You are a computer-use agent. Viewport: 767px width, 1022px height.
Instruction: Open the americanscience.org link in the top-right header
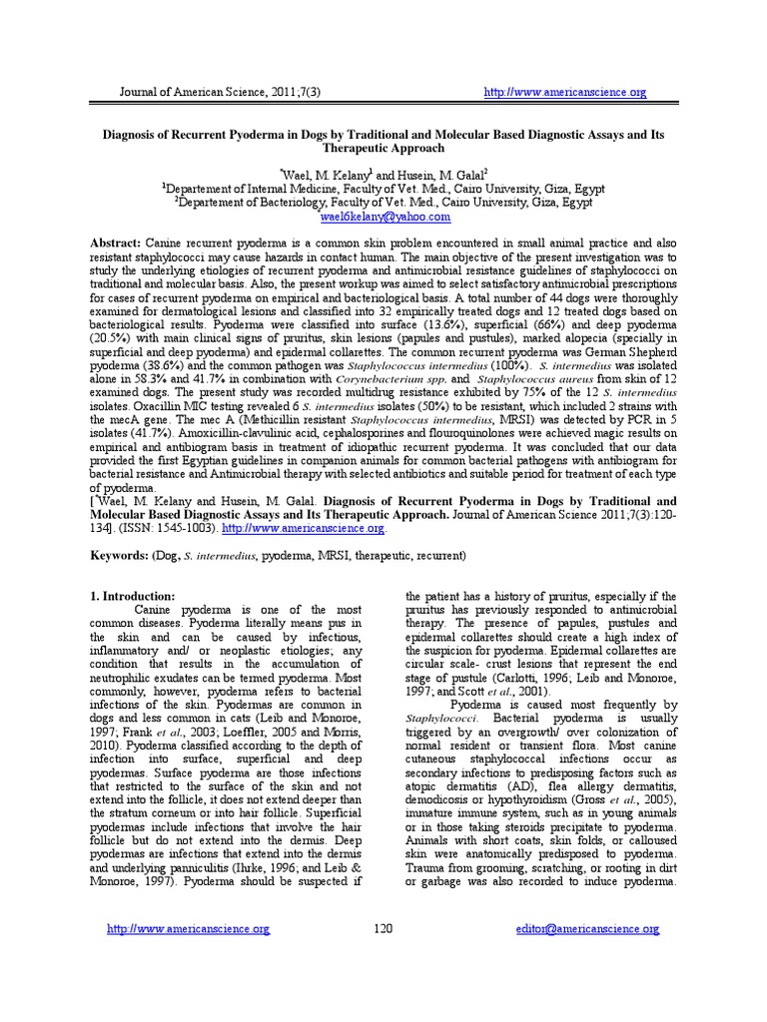(565, 93)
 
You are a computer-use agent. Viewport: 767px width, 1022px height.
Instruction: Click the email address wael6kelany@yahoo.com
(384, 216)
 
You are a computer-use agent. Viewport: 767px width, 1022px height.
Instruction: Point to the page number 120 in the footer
(383, 929)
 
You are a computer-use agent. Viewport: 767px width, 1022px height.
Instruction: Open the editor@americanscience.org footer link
(587, 929)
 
